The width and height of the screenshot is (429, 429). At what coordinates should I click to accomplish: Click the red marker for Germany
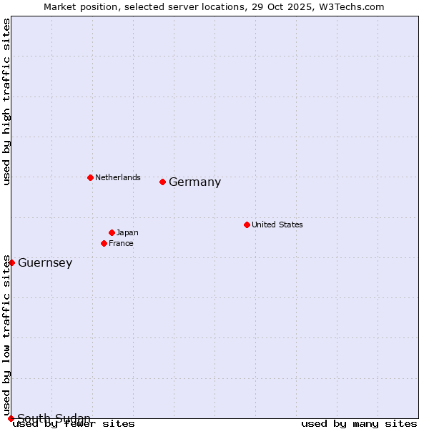coord(162,182)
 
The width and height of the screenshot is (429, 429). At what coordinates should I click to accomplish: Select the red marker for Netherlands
coord(90,177)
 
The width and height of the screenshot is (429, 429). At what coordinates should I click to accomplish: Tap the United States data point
coord(247,225)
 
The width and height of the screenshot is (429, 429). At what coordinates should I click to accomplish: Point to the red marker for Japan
coord(112,232)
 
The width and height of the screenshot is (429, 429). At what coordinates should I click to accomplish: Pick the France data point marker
coord(104,243)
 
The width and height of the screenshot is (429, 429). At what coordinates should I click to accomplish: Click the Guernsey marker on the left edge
coord(11,262)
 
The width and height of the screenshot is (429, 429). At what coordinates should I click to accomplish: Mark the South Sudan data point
coord(11,418)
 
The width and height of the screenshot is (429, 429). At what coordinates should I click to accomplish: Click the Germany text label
coord(194,182)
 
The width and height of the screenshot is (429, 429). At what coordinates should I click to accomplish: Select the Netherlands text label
coord(118,177)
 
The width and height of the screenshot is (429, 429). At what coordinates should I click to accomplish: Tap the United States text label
coord(277,225)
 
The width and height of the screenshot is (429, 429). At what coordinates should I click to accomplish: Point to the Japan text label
coord(127,232)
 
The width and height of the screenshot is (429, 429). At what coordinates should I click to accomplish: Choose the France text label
coord(121,243)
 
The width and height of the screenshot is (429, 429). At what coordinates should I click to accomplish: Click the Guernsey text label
coord(45,263)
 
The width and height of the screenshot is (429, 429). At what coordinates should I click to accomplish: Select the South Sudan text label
coord(54,418)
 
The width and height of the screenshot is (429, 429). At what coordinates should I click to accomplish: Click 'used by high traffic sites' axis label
coord(7,102)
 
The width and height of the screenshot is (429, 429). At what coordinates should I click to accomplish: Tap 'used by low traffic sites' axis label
coord(7,336)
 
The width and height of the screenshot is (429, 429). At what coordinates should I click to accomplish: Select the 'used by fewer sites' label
coord(74,423)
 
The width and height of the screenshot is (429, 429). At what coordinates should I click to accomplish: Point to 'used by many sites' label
coord(359,423)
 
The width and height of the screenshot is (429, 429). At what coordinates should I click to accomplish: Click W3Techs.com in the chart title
coord(352,7)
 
